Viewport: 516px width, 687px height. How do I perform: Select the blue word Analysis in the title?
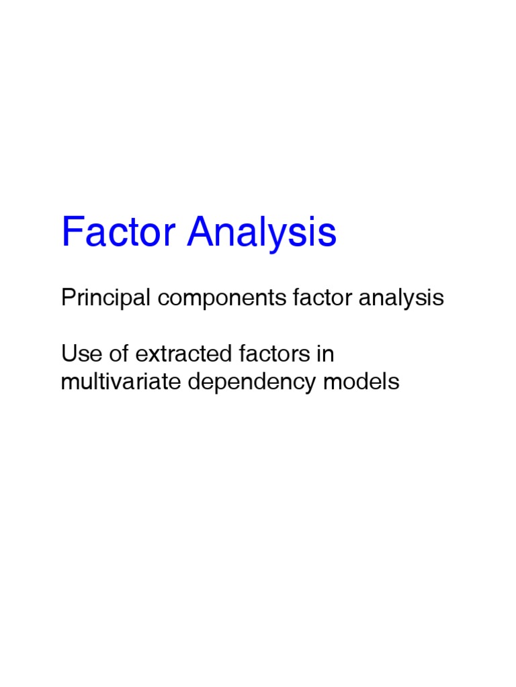261,233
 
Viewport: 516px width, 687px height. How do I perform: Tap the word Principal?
105,297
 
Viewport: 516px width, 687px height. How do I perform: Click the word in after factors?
327,353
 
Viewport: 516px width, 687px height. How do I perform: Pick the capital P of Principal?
68,297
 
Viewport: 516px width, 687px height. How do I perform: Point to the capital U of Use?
69,353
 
